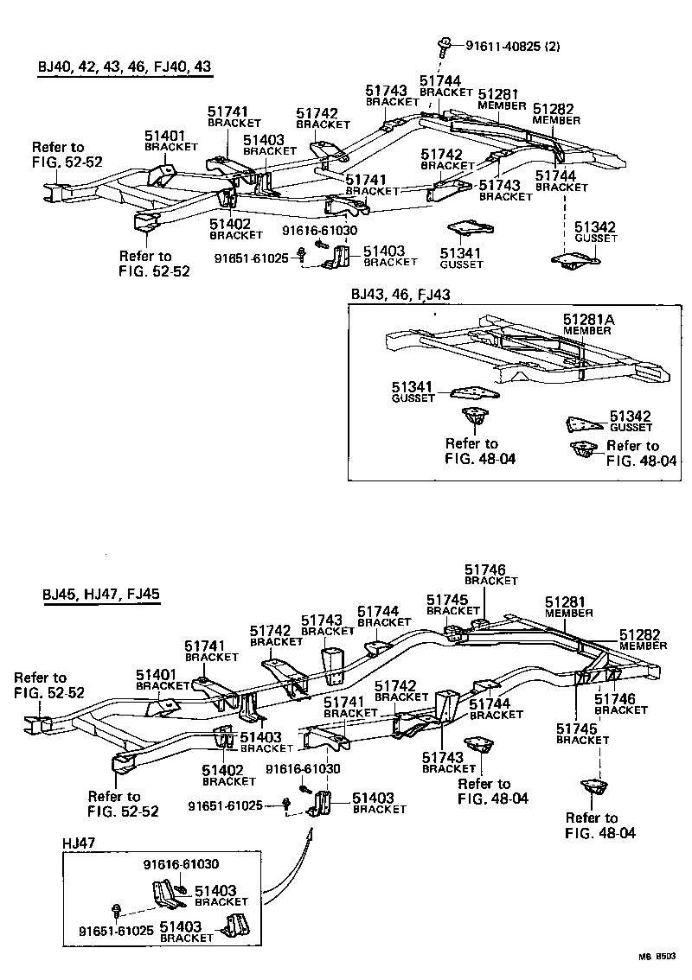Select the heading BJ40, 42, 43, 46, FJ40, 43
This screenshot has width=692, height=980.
click(x=125, y=67)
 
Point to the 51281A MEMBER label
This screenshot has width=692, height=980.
click(x=589, y=324)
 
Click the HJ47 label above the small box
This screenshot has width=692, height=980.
click(x=79, y=843)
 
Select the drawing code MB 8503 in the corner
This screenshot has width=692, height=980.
click(x=657, y=958)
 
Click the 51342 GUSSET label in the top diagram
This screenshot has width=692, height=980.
click(x=597, y=232)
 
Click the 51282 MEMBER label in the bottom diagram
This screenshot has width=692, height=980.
click(x=643, y=640)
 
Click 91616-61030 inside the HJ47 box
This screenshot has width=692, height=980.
click(x=181, y=864)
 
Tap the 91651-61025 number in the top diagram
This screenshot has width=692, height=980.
click(x=252, y=258)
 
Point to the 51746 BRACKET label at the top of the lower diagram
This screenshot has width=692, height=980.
click(x=490, y=575)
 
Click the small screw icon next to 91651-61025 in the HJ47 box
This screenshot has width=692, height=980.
click(x=116, y=909)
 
